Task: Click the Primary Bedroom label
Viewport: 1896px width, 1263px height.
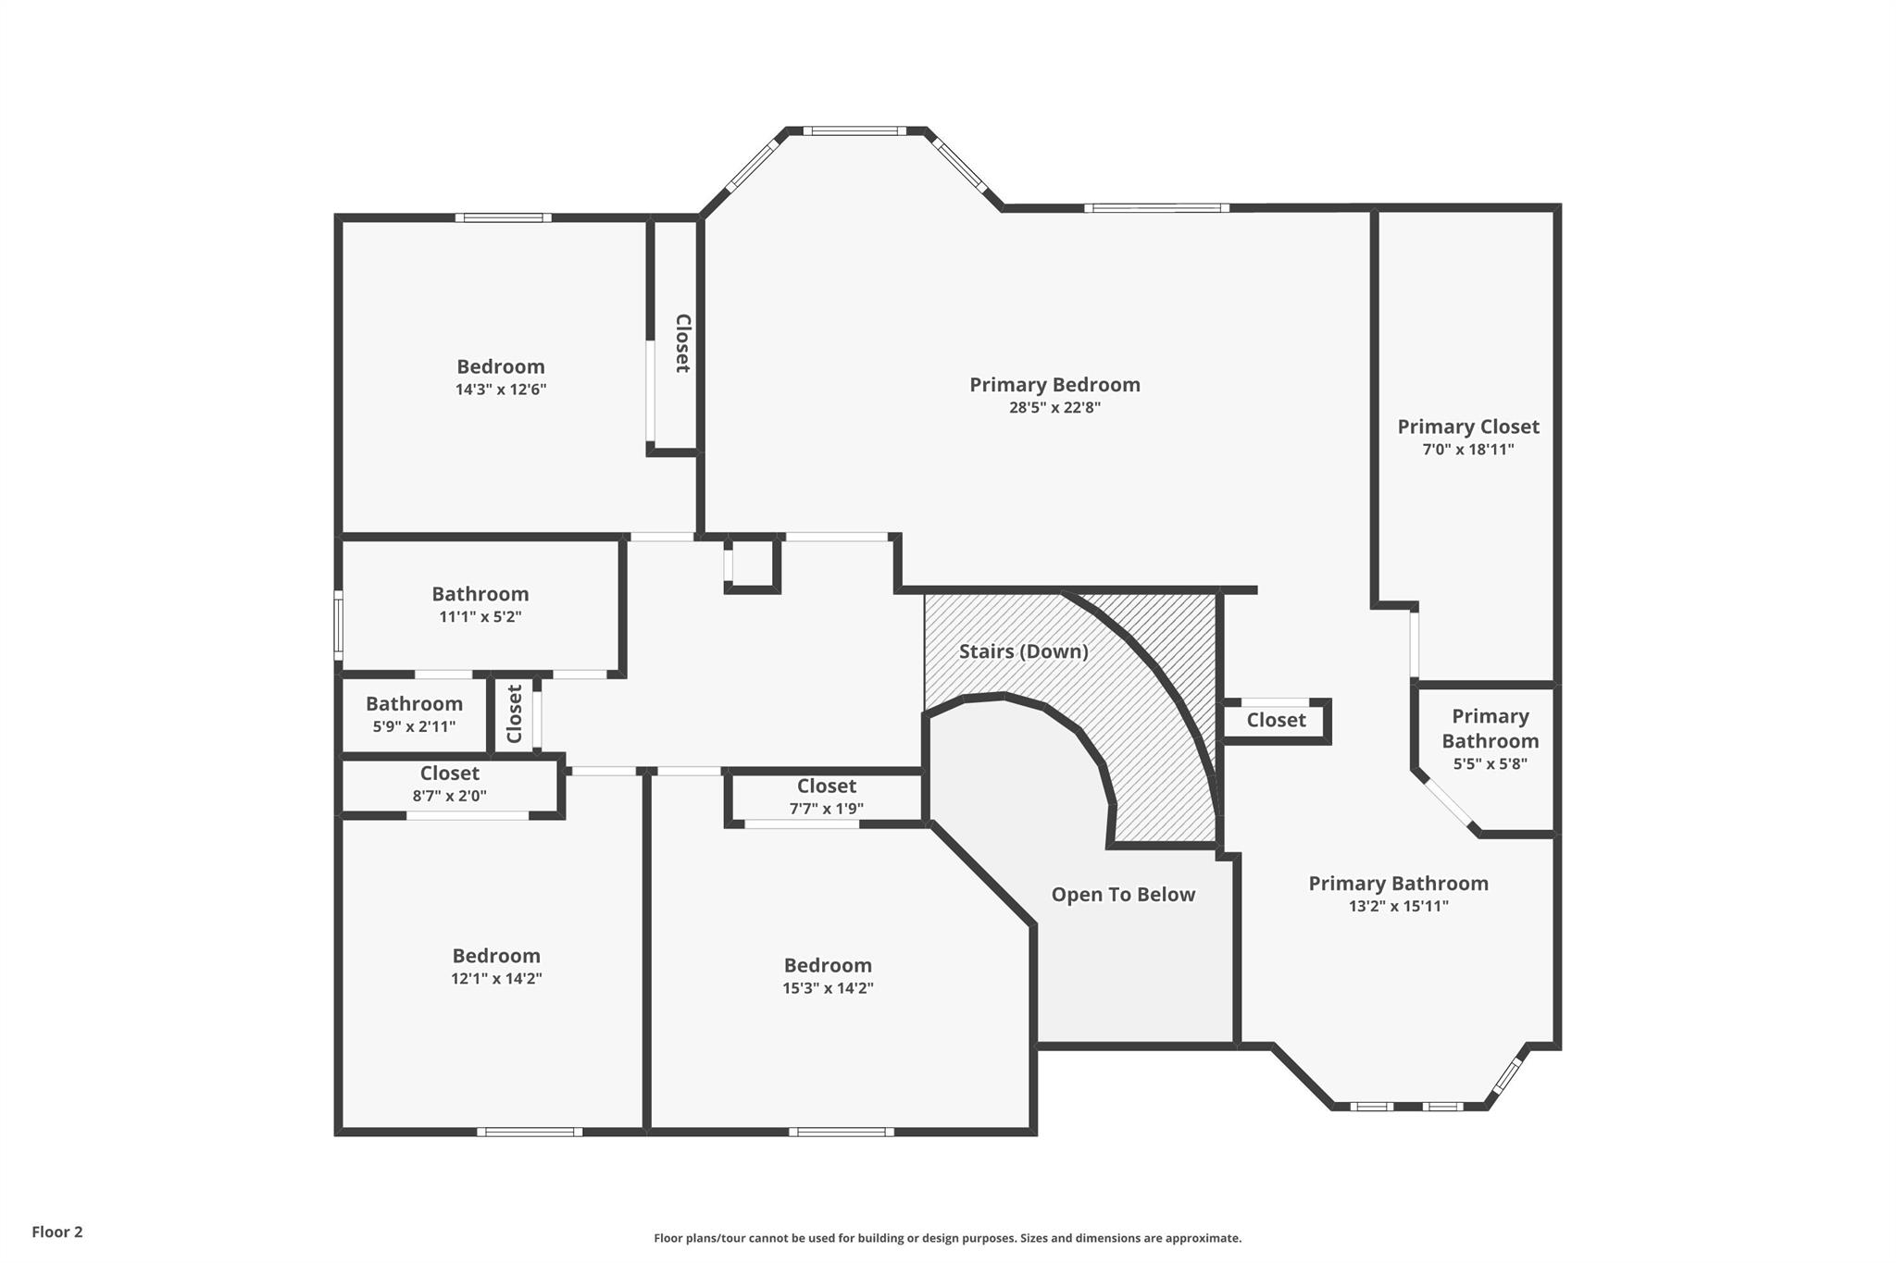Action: (1054, 385)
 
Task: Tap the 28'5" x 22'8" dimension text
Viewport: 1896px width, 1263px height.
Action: (1054, 408)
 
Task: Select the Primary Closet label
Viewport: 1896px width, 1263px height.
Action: (1468, 427)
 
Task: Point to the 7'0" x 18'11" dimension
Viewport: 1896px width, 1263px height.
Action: (1468, 451)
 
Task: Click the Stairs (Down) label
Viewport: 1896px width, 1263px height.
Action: (1024, 651)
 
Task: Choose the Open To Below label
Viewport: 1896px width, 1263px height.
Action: (1123, 895)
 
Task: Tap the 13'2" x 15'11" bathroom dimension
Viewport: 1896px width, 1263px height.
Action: (1399, 907)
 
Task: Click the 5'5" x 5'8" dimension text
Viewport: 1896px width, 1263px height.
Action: (1491, 764)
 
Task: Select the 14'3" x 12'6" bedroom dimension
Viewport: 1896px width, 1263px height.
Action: (501, 390)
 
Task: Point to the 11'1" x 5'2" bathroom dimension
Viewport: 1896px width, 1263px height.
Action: (480, 617)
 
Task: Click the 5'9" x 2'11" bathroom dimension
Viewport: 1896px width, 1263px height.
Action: (414, 727)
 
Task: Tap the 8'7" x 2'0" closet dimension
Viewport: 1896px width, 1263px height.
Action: (450, 796)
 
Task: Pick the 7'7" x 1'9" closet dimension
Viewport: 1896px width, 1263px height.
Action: (827, 809)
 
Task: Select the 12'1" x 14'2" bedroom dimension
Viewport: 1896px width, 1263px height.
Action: (496, 979)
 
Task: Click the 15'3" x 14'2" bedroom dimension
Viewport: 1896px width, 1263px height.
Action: (828, 988)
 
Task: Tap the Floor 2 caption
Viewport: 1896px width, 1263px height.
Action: (57, 1232)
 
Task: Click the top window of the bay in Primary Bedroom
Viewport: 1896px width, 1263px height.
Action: (855, 131)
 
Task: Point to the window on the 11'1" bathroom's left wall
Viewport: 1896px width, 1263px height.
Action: (339, 625)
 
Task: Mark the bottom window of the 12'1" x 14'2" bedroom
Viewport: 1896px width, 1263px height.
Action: (530, 1132)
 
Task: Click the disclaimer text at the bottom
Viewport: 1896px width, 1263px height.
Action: (948, 1238)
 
